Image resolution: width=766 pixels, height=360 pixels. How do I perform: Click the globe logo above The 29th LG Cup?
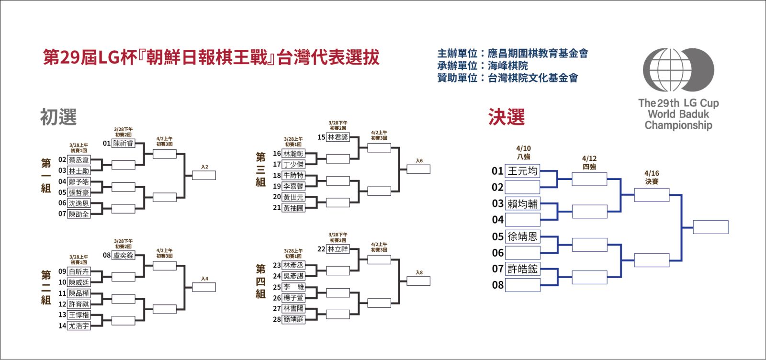pos(678,70)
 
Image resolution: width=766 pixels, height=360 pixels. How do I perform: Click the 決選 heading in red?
pos(507,117)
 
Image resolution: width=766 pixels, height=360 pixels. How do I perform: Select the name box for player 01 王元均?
pos(523,171)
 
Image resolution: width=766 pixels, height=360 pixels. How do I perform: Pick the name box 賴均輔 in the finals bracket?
pos(523,204)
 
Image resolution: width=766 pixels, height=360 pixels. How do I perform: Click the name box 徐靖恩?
pos(523,236)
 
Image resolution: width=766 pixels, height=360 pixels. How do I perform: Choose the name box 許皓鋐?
pos(523,269)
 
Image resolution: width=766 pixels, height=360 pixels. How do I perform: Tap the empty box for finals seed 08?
pos(523,285)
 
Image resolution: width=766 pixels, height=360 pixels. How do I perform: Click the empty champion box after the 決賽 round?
pos(710,227)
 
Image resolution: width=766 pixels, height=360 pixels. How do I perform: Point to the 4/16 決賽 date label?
pos(652,178)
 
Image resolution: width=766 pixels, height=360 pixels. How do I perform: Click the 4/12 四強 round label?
pos(589,163)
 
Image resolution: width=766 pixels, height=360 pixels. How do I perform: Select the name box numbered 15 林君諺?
pos(338,137)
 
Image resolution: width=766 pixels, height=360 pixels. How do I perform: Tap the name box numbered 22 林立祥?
pos(338,249)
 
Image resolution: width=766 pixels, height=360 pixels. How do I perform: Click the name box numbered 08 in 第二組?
pos(123,256)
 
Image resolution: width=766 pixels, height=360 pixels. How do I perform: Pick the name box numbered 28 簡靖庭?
pos(293,320)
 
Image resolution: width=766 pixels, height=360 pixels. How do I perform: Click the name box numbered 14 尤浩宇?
pos(79,326)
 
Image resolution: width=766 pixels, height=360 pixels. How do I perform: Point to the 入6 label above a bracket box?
pos(419,161)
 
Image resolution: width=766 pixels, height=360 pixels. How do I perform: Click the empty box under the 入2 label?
pos(204,175)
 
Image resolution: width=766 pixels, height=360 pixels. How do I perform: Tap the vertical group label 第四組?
pos(260,281)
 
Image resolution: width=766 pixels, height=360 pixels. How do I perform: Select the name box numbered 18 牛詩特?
pos(293,176)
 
